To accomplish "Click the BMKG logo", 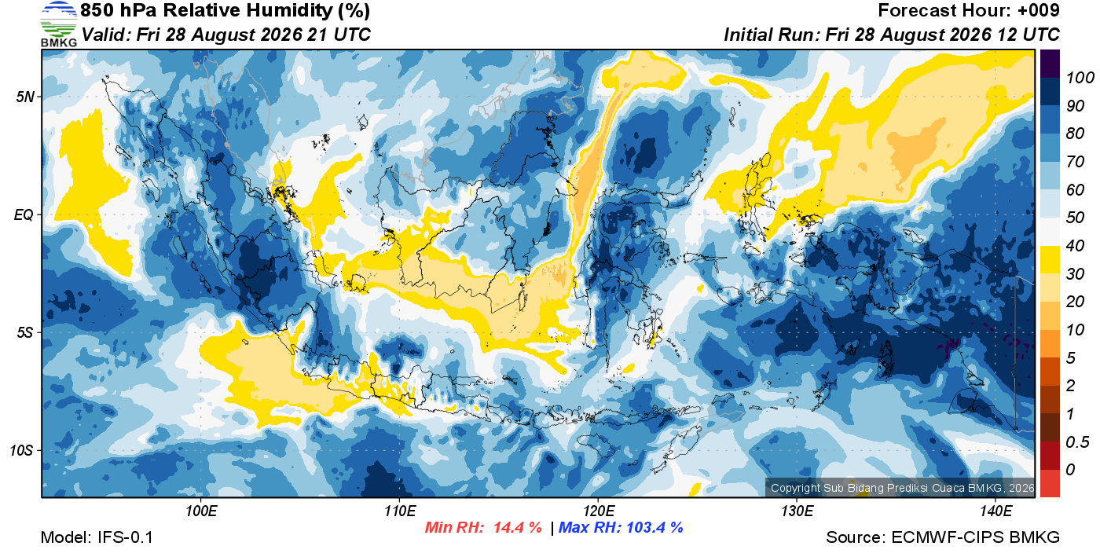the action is [59, 24].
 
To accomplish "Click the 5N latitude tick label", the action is [25, 97].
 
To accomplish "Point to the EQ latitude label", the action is [24, 214].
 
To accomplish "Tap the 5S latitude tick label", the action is [25, 332].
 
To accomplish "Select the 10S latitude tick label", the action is [22, 450].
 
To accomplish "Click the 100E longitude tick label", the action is [201, 511].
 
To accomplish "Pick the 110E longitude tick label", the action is [400, 511].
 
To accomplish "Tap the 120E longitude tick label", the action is [598, 511].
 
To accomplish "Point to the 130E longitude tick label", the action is [797, 511].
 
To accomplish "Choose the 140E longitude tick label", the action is [995, 511].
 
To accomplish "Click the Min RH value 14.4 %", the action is [518, 527].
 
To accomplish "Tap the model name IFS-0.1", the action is [125, 537].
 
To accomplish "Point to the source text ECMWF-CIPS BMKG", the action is [975, 537].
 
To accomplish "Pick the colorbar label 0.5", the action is [1077, 442].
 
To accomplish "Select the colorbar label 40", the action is [1075, 246].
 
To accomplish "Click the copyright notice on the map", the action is [902, 488].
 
